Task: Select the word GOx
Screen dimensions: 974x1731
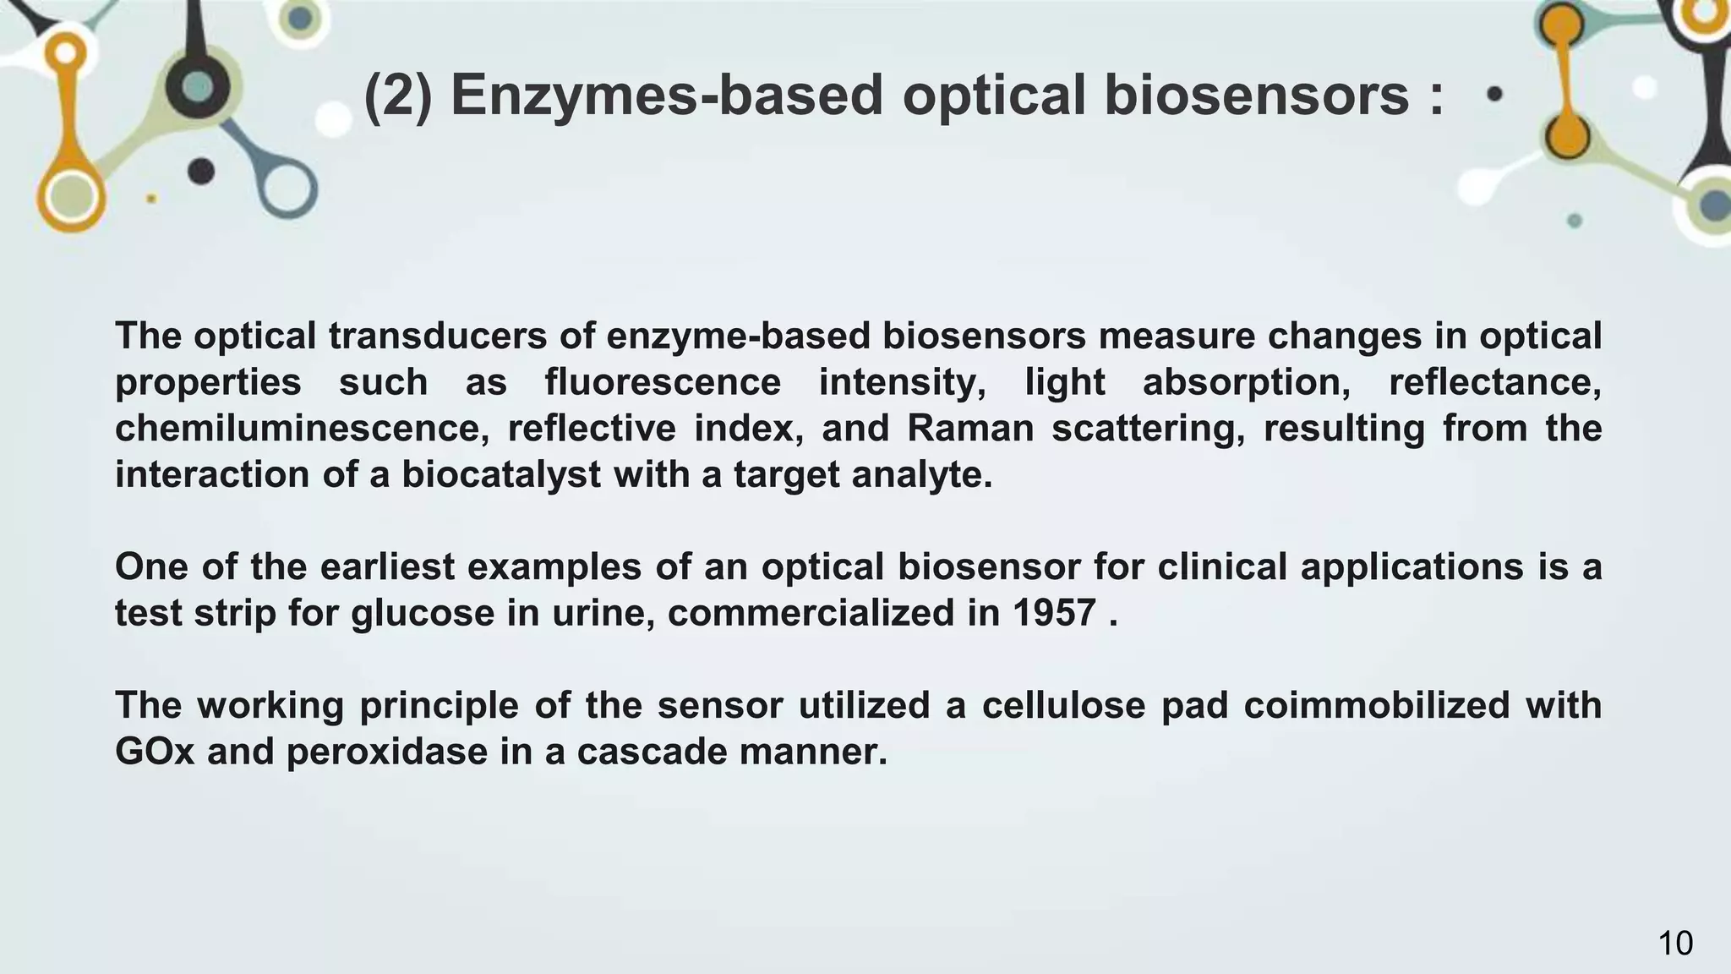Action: pos(155,752)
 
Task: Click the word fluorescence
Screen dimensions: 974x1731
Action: pos(663,382)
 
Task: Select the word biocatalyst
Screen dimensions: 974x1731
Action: pos(500,474)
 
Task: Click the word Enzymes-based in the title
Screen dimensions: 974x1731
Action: pos(667,95)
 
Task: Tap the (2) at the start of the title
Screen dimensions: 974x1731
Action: pos(398,95)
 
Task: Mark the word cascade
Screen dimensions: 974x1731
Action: pos(652,752)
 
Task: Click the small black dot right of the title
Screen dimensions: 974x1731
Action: pos(1494,95)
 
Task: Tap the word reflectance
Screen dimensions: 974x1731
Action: pos(1495,382)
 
